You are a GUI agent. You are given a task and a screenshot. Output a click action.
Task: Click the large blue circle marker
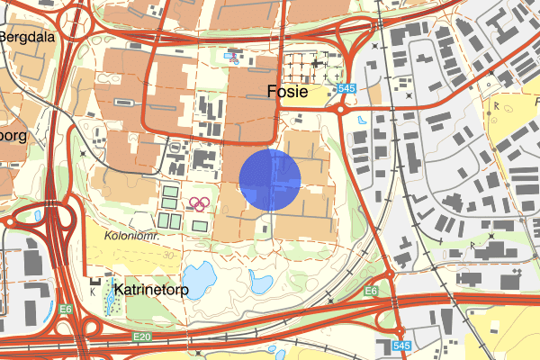[x=270, y=180]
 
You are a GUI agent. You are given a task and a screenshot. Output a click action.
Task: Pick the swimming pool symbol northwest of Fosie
[x=232, y=56]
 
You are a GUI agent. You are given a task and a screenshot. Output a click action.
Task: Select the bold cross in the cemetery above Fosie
[x=315, y=64]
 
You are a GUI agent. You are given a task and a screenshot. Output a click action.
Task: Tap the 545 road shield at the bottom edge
[x=402, y=346]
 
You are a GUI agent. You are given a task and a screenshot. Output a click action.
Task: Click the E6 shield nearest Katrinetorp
[x=67, y=309]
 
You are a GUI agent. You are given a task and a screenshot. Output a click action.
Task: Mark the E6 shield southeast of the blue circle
[x=371, y=292]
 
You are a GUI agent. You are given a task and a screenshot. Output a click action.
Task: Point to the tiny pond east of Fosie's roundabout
[x=362, y=119]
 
